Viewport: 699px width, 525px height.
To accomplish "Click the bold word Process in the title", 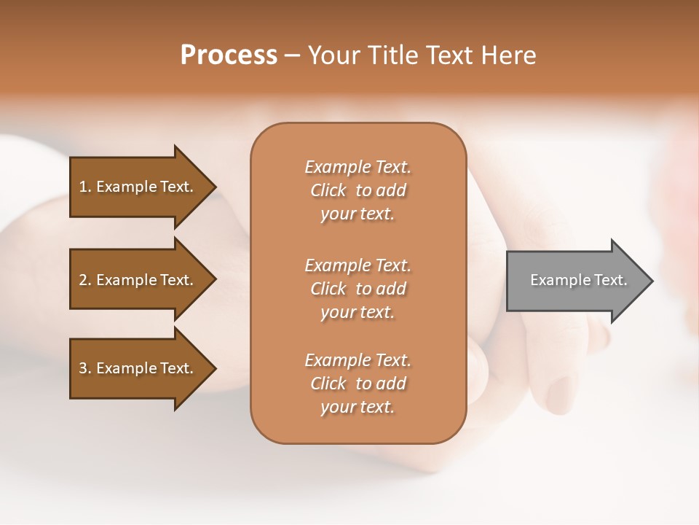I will [x=229, y=55].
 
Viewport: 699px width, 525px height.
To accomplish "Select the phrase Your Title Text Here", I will [x=422, y=55].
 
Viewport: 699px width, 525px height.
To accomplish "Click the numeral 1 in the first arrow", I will [x=82, y=187].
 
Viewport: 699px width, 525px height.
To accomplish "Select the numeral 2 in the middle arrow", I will [x=83, y=280].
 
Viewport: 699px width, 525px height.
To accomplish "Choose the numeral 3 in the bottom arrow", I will [x=83, y=368].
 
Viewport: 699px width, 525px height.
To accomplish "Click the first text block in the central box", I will [x=358, y=190].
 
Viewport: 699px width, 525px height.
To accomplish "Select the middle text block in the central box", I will [x=358, y=289].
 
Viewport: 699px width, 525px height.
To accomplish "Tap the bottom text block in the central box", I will [x=358, y=384].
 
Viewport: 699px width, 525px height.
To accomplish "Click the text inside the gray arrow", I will [x=579, y=280].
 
